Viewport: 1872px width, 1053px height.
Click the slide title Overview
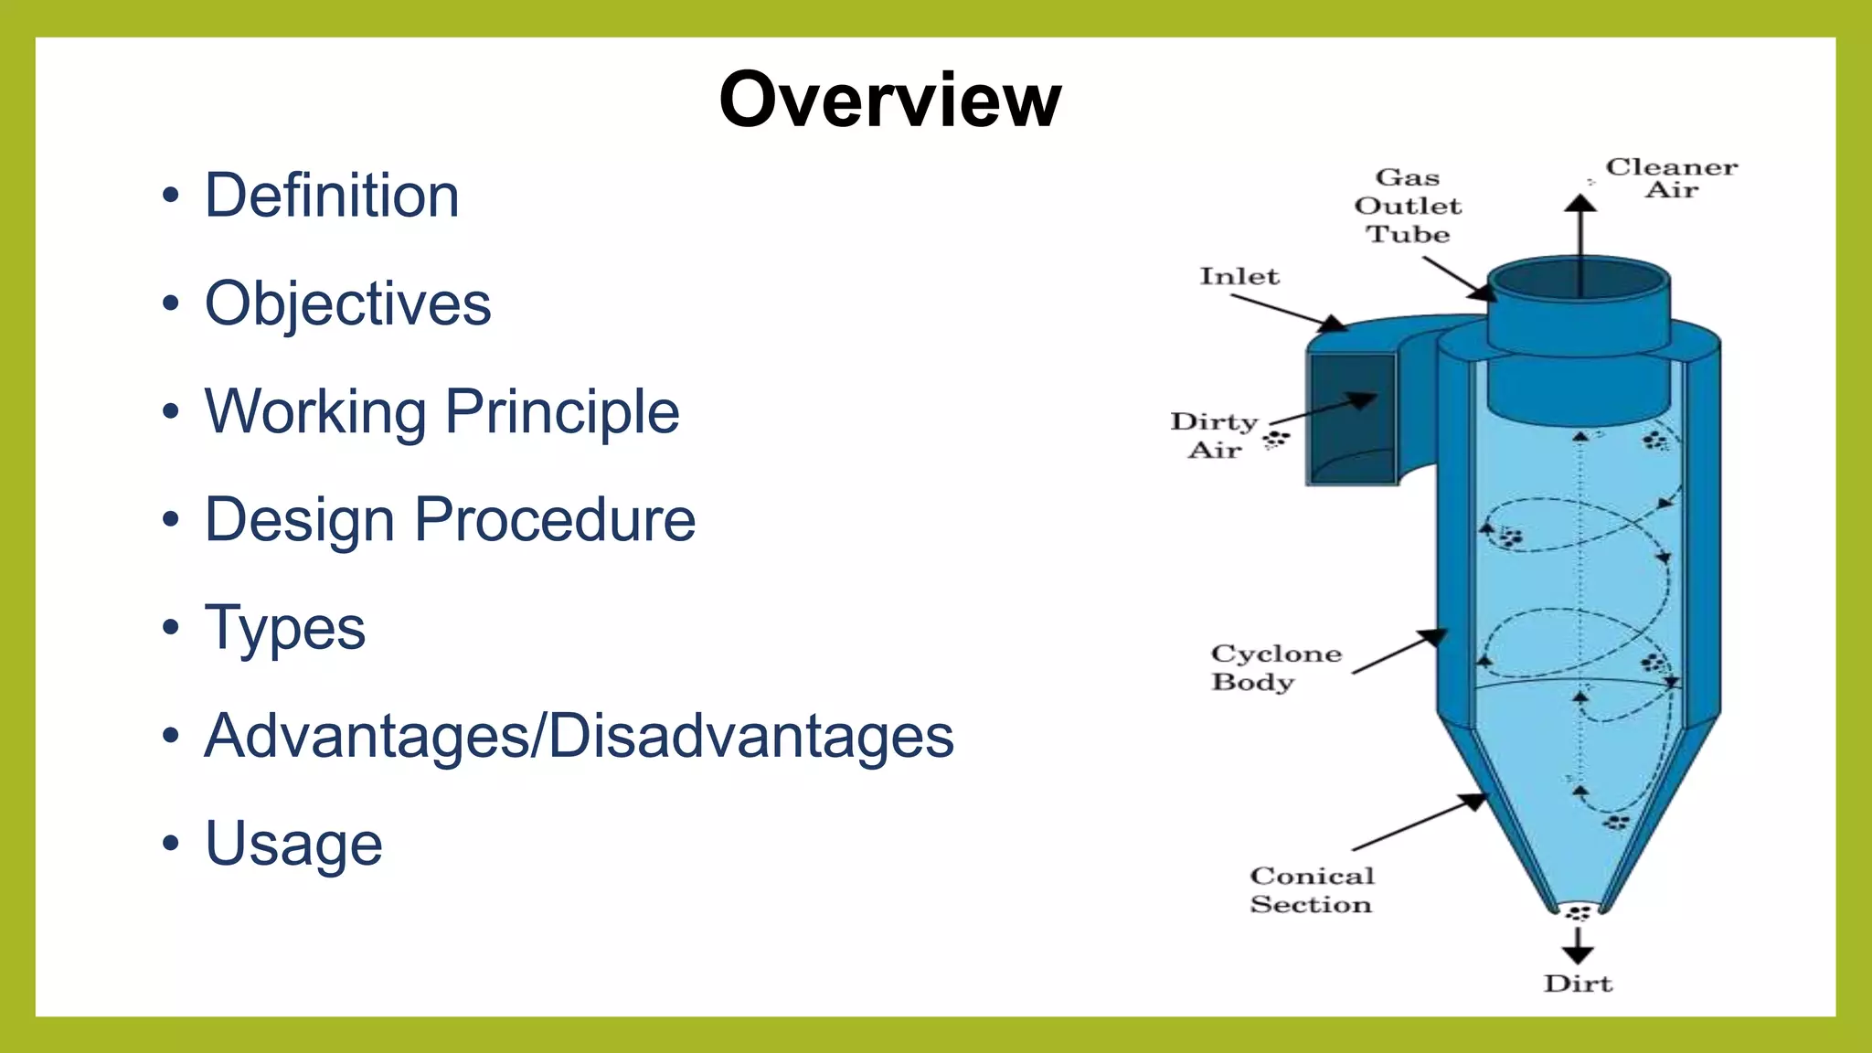pyautogui.click(x=889, y=100)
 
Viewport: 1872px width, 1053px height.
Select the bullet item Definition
pyautogui.click(x=331, y=196)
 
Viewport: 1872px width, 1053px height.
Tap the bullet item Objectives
pyautogui.click(x=347, y=303)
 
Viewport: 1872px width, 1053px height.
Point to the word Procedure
pyautogui.click(x=555, y=520)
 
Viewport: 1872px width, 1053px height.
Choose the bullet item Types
pyautogui.click(x=284, y=628)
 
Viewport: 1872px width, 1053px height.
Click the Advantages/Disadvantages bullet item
pyautogui.click(x=579, y=736)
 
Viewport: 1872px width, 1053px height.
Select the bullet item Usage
pyautogui.click(x=293, y=844)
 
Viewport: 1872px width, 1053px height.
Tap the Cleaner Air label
pyautogui.click(x=1672, y=178)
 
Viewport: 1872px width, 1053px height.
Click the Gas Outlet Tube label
pyautogui.click(x=1408, y=206)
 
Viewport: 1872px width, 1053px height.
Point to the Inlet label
pyautogui.click(x=1239, y=276)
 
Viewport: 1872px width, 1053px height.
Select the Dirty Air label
pyautogui.click(x=1215, y=435)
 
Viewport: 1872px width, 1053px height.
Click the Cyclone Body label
pyautogui.click(x=1275, y=667)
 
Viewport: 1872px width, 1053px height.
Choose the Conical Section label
pyautogui.click(x=1312, y=889)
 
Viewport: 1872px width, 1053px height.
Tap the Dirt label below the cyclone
pyautogui.click(x=1578, y=984)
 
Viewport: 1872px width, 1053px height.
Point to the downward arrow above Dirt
pyautogui.click(x=1578, y=947)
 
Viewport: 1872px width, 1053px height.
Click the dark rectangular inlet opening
pyautogui.click(x=1352, y=418)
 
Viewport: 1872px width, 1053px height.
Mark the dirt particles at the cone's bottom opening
pyautogui.click(x=1579, y=912)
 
